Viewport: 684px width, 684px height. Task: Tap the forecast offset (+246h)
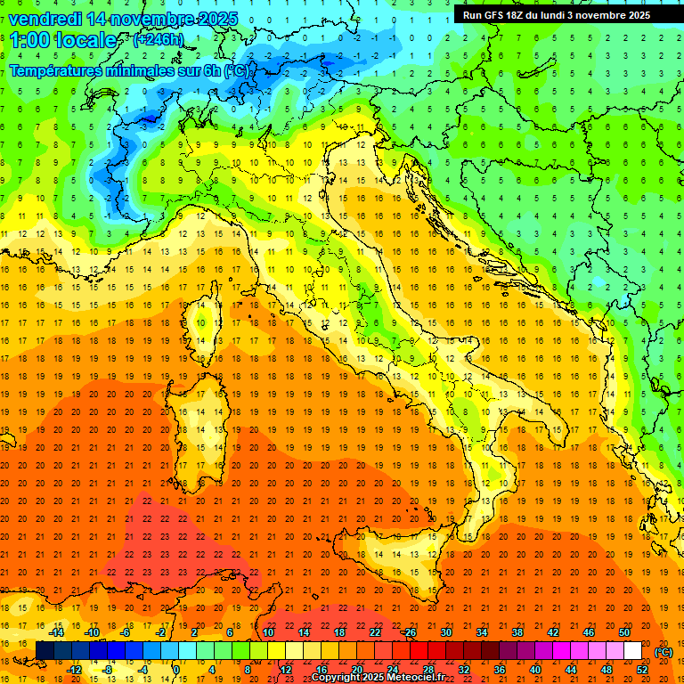pyautogui.click(x=158, y=39)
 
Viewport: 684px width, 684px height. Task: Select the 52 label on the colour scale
pyautogui.click(x=642, y=670)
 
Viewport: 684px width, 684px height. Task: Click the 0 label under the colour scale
pyautogui.click(x=176, y=670)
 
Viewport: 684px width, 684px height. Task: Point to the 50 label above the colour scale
pyautogui.click(x=624, y=631)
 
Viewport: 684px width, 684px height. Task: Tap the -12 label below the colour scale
pyautogui.click(x=74, y=670)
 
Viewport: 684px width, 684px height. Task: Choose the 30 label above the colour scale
pyautogui.click(x=445, y=631)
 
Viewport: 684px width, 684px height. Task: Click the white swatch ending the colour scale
pyautogui.click(x=633, y=651)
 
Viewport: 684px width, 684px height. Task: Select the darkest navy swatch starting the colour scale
pyautogui.click(x=45, y=651)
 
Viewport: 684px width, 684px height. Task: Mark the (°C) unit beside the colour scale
pyautogui.click(x=664, y=652)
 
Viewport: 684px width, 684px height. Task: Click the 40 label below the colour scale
pyautogui.click(x=535, y=670)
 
